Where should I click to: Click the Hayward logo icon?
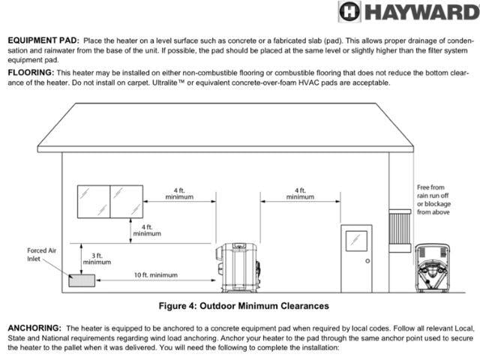349,11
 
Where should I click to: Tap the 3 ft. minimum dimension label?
97,258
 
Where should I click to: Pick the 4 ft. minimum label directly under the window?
147,229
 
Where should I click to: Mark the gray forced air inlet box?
82,280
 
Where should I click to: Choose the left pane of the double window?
94,201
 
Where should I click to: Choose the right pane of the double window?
127,201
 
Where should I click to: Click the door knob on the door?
368,260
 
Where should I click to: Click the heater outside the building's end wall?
434,268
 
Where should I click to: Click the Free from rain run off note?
433,199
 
